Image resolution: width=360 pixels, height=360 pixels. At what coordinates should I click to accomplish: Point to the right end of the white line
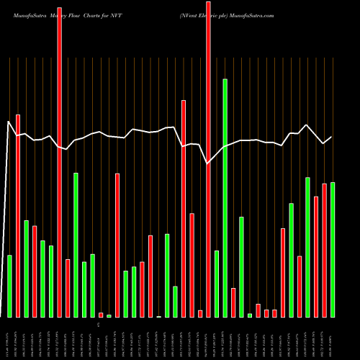(332, 137)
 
